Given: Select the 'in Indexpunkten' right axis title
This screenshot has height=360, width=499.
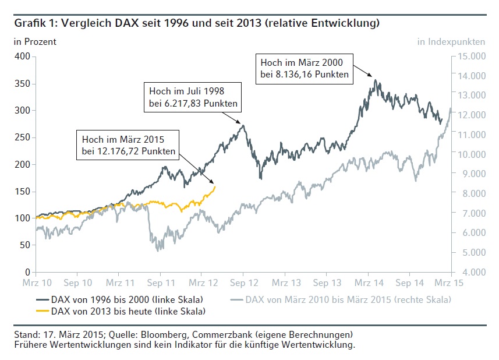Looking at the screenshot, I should click(x=451, y=41).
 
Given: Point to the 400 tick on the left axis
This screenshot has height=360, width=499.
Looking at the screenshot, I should click(x=22, y=57).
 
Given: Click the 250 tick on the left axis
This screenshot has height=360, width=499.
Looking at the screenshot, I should click(x=22, y=137).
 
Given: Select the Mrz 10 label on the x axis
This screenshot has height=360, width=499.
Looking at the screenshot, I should click(x=36, y=283).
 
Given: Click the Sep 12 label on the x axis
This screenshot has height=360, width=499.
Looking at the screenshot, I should click(x=243, y=283).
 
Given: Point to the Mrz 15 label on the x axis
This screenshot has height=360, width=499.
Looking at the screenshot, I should click(x=450, y=283).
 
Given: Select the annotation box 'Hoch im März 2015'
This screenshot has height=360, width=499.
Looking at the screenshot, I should click(x=129, y=145).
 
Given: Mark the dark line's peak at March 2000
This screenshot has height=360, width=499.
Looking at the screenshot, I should click(x=376, y=80).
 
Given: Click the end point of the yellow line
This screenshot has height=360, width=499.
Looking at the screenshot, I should click(x=215, y=186).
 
